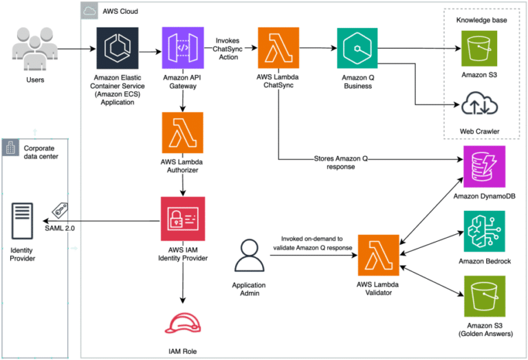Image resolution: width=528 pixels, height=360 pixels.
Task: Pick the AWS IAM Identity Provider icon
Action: click(x=181, y=218)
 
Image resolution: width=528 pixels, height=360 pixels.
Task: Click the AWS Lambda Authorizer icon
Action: click(x=181, y=133)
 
